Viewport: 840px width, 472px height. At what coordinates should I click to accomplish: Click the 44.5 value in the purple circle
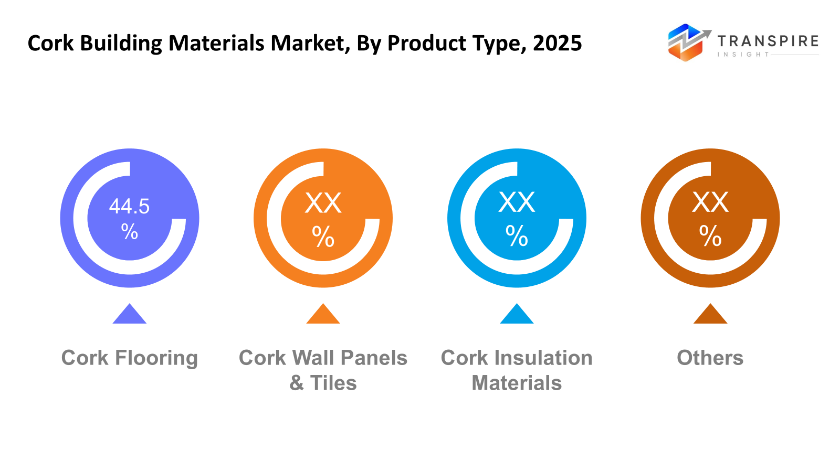point(129,206)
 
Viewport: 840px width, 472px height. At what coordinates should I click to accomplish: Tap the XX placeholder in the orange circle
point(323,203)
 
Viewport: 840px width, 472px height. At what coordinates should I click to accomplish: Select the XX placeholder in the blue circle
point(517,202)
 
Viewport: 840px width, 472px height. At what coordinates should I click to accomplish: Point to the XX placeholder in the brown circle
point(710,202)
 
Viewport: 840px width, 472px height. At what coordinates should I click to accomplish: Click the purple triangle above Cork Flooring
point(130,315)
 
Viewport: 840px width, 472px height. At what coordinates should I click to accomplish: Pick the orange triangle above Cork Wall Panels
point(323,315)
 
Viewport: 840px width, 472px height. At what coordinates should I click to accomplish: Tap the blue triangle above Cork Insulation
point(517,315)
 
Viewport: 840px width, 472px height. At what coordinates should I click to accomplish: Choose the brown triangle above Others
point(710,315)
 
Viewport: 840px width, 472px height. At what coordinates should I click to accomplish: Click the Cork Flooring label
point(130,358)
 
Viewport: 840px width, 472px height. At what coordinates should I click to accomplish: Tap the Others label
point(710,358)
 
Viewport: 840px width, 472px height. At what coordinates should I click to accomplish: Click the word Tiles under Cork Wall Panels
point(333,383)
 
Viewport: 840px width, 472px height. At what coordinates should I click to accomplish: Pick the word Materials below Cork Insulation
point(517,383)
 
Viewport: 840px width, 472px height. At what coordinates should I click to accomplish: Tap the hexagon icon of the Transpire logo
point(685,42)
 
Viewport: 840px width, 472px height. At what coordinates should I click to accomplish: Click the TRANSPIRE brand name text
point(768,41)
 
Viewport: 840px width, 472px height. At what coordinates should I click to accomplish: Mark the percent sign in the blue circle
point(517,236)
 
